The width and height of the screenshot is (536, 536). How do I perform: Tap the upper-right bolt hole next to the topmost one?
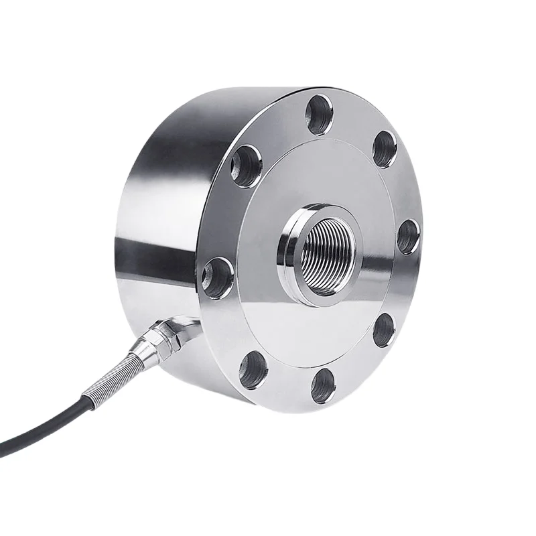coord(384,149)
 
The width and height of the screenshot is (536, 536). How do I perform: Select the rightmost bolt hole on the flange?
coord(407,237)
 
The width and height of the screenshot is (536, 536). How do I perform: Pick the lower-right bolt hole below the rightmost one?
coord(383,329)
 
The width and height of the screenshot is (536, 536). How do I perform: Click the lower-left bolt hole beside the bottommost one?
coord(253,368)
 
